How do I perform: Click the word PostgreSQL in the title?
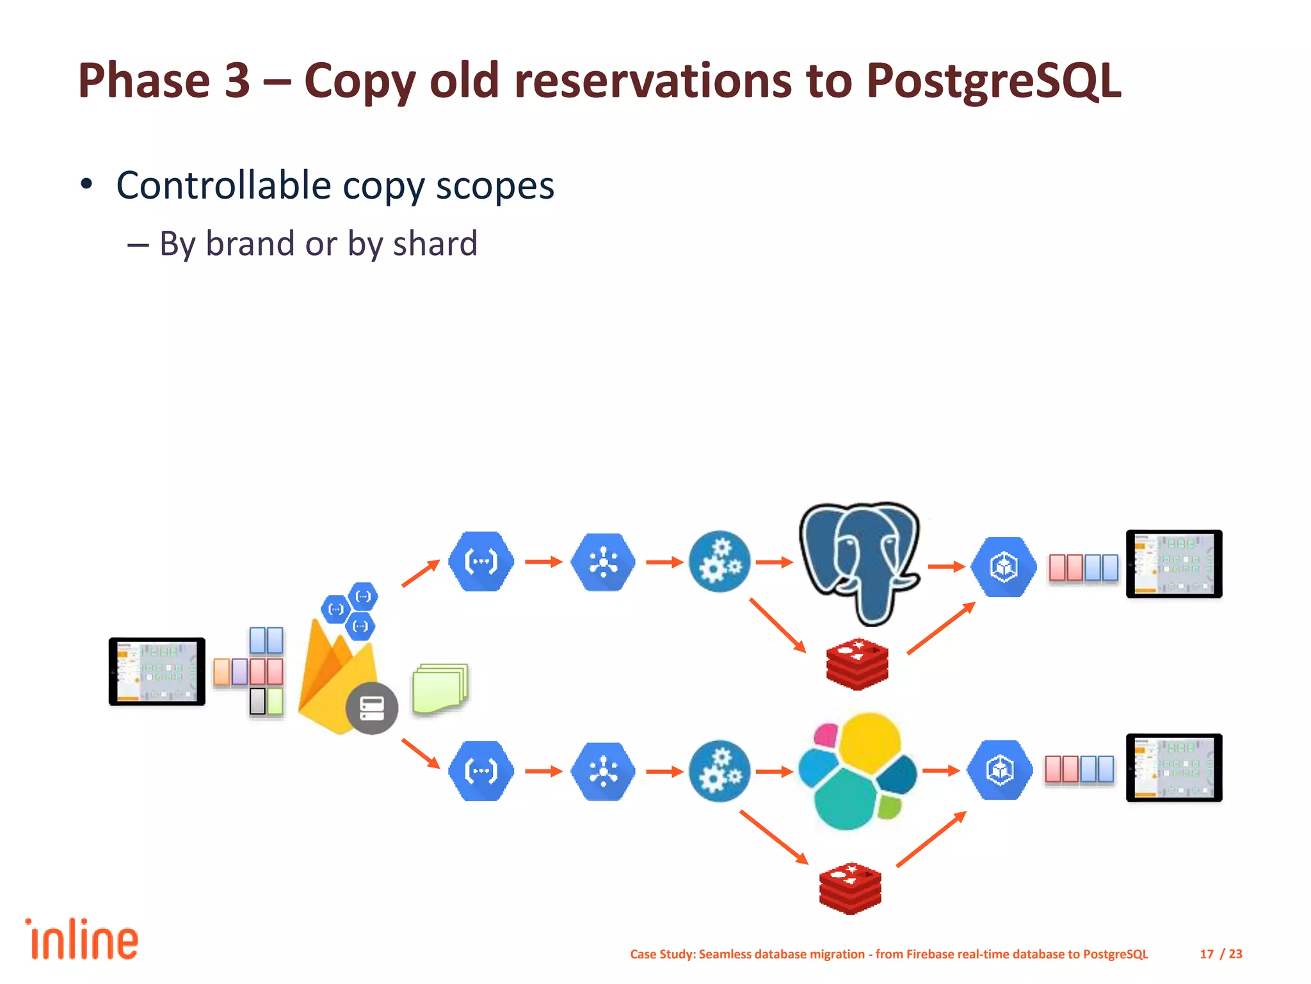click(x=993, y=81)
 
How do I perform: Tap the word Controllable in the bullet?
click(x=223, y=186)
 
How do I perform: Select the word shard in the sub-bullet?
click(x=435, y=244)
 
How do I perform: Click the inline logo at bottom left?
click(x=82, y=940)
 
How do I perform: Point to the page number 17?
click(x=1206, y=954)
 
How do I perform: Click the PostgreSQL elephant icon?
click(x=860, y=561)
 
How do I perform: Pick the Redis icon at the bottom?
click(x=850, y=888)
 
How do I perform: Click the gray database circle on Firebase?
click(x=372, y=708)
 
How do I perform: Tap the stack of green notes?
click(x=440, y=688)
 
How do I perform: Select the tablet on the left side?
click(x=157, y=671)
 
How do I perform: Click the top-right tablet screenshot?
click(x=1173, y=564)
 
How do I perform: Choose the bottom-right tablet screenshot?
click(x=1173, y=767)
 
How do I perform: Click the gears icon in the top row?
click(x=720, y=562)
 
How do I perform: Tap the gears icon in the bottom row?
click(x=720, y=771)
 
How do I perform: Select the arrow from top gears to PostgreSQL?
click(x=774, y=562)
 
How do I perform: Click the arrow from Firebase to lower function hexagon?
click(x=421, y=753)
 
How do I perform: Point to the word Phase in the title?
click(x=144, y=81)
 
